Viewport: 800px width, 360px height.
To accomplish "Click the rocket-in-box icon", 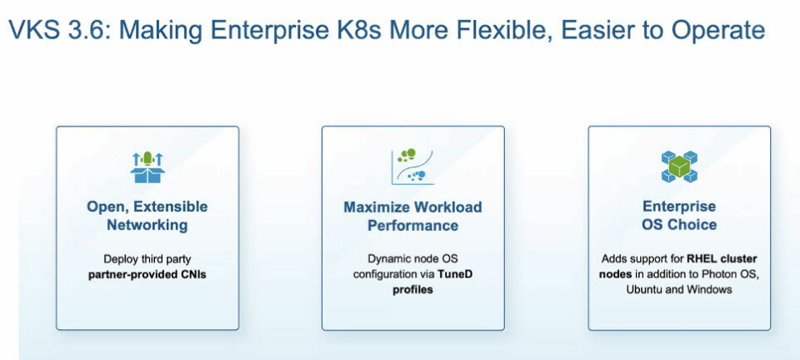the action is click(147, 167).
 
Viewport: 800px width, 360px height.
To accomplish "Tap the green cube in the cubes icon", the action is click(679, 166).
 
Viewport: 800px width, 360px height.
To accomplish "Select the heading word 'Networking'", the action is click(147, 225).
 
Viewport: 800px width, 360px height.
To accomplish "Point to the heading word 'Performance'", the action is click(412, 225).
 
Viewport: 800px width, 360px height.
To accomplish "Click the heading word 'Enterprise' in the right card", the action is click(679, 206).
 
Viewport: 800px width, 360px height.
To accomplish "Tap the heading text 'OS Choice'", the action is click(679, 224).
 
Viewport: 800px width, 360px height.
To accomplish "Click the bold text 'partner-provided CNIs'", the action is click(147, 275).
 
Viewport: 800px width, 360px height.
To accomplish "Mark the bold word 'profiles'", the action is click(412, 290).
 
